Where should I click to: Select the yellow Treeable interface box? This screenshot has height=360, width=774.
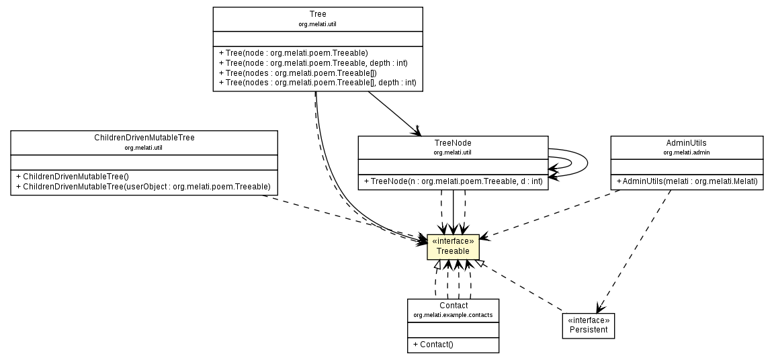coord(453,246)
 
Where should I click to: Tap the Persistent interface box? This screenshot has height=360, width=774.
coord(589,326)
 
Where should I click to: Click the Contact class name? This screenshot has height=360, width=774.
coord(453,306)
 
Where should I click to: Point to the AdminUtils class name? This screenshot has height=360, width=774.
coord(686,143)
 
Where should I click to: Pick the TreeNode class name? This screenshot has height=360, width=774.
coord(453,143)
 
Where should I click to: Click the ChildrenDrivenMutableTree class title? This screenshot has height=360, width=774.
coord(144,138)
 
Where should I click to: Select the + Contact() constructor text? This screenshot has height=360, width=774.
coord(433,345)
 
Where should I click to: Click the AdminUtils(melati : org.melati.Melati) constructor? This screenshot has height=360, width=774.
coord(686,182)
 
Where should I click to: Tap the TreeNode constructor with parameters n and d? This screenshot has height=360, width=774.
coord(453,182)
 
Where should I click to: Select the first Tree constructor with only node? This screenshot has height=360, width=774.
coord(294,52)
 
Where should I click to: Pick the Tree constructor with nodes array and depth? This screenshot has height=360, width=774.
coord(318,83)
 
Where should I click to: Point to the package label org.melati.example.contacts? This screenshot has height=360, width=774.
coord(453,315)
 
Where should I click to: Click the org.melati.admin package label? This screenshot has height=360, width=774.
coord(686,152)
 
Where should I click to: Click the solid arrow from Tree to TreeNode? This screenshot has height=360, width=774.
coord(392,112)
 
